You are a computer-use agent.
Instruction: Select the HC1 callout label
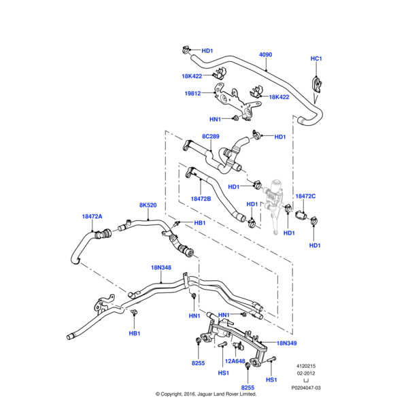[x=316, y=58]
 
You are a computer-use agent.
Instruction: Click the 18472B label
[x=201, y=199]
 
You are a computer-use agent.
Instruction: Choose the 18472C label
[x=305, y=196]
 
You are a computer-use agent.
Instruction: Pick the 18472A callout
[x=92, y=216]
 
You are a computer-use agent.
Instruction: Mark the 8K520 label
[x=148, y=205]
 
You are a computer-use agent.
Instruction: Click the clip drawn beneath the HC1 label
[x=318, y=83]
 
